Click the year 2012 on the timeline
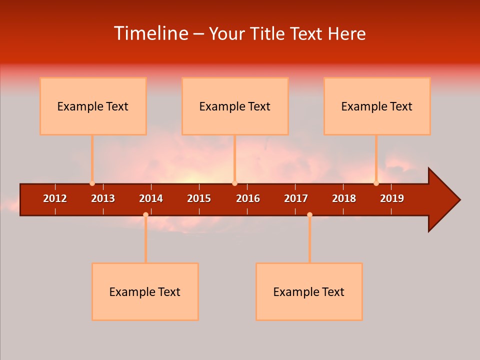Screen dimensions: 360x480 coord(55,198)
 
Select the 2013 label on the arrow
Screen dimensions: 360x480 coord(103,198)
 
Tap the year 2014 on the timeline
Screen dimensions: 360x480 coord(151,198)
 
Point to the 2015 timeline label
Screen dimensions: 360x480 coord(199,198)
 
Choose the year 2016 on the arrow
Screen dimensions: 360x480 coord(248,198)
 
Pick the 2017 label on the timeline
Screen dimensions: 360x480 coord(296,198)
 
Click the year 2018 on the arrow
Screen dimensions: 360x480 coord(344,198)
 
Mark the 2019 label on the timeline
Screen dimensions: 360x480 coord(392,198)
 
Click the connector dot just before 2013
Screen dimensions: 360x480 coord(92,183)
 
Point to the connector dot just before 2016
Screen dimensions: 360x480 coord(234,183)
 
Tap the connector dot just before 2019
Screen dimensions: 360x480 coord(376,183)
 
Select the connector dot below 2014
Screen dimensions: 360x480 coord(145,214)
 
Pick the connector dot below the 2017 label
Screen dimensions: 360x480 coord(309,214)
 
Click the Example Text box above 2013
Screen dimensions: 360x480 coord(93,106)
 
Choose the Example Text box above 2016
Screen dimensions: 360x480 coord(235,106)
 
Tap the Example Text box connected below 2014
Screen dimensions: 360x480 coord(145,291)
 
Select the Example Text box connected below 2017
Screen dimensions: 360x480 coord(309,291)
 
